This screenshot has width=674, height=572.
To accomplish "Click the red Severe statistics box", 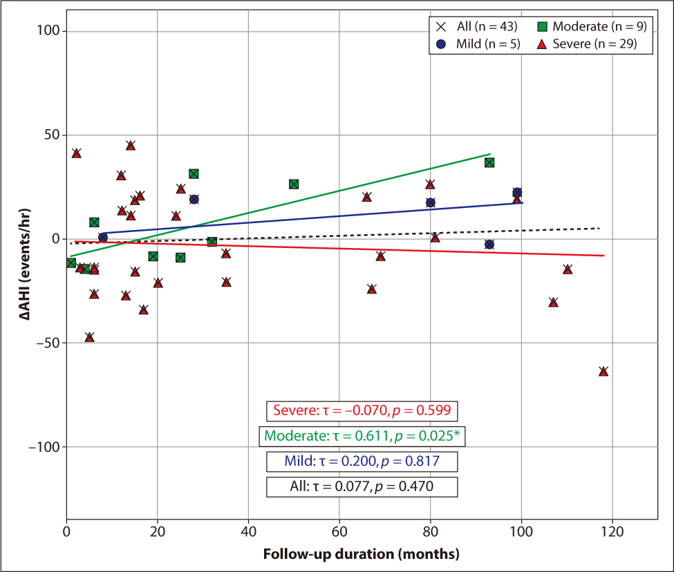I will point(362,410).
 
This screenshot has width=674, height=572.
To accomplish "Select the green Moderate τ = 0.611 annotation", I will point(362,436).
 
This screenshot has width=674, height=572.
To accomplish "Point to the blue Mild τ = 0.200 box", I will point(362,461).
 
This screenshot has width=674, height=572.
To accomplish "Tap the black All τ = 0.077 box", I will point(362,486).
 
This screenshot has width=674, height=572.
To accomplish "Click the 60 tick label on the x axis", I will point(339,533).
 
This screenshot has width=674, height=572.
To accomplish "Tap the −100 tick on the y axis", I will point(45,447).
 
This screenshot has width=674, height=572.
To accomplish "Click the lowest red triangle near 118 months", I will point(603,372).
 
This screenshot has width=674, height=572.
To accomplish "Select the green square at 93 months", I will point(489,162).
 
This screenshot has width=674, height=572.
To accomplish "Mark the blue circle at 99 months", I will point(517,193).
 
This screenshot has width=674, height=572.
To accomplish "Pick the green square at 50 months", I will point(294,184).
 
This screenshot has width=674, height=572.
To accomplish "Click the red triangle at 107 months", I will point(553,303).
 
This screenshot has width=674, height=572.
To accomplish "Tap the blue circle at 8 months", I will point(103,237).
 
